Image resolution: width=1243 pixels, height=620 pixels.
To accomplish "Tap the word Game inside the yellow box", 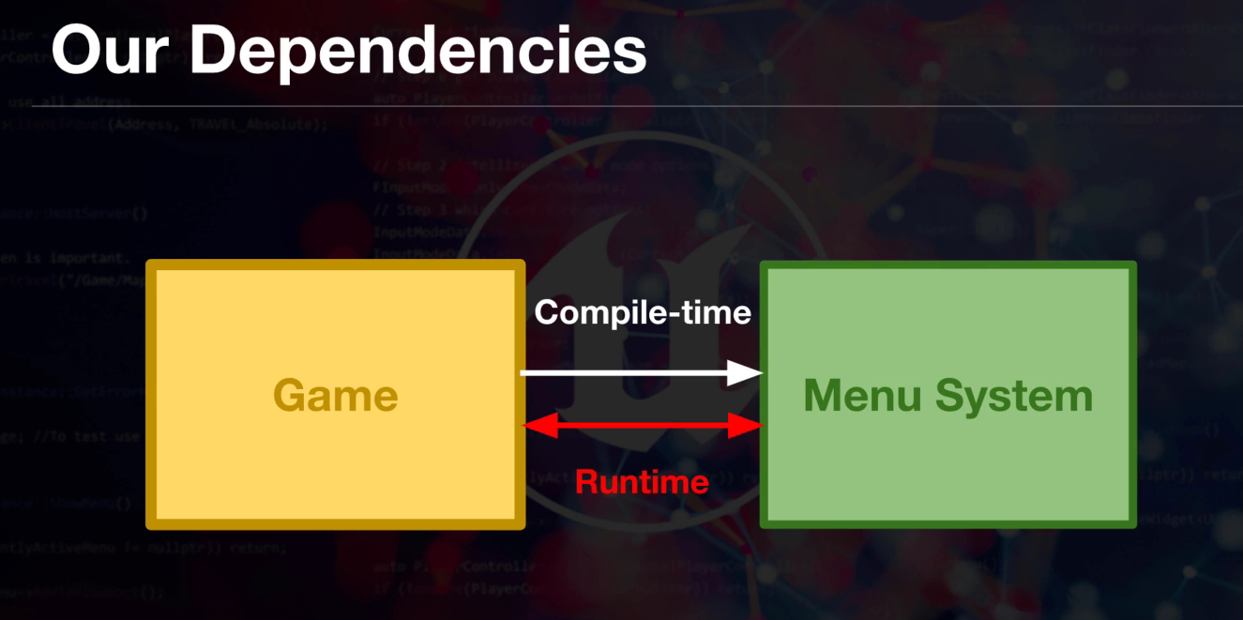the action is pos(336,395).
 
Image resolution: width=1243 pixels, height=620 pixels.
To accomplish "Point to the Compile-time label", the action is pos(643,312).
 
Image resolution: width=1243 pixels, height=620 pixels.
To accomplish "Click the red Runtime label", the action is pos(642,482).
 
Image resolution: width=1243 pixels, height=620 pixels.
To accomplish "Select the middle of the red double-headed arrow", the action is pos(643,427).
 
